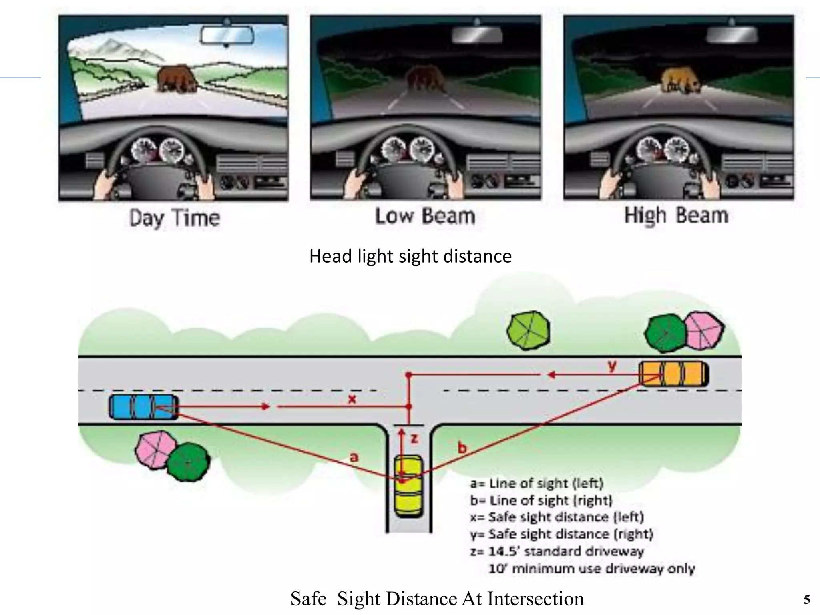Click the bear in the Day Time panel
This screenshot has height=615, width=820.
[176, 79]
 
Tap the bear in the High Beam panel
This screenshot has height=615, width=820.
[680, 81]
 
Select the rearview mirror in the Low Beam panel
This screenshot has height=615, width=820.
[477, 35]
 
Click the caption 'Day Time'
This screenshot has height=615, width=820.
[175, 218]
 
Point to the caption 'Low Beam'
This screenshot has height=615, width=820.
[425, 216]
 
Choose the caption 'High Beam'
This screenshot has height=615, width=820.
[676, 215]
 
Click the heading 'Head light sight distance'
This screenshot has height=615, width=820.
[410, 256]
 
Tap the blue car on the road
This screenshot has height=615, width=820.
[144, 407]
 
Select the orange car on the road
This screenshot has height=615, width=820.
[674, 374]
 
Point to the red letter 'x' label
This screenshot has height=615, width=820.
[352, 399]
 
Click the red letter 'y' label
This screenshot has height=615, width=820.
[612, 366]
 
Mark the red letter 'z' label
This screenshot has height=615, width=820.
[414, 438]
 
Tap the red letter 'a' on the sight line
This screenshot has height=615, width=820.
[354, 457]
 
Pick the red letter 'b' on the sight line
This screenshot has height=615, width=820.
[462, 448]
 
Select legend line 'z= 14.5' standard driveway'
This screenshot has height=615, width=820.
[557, 551]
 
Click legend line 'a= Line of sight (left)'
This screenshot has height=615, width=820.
[537, 484]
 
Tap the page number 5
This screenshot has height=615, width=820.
[806, 599]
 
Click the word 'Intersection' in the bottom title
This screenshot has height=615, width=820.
[535, 599]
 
